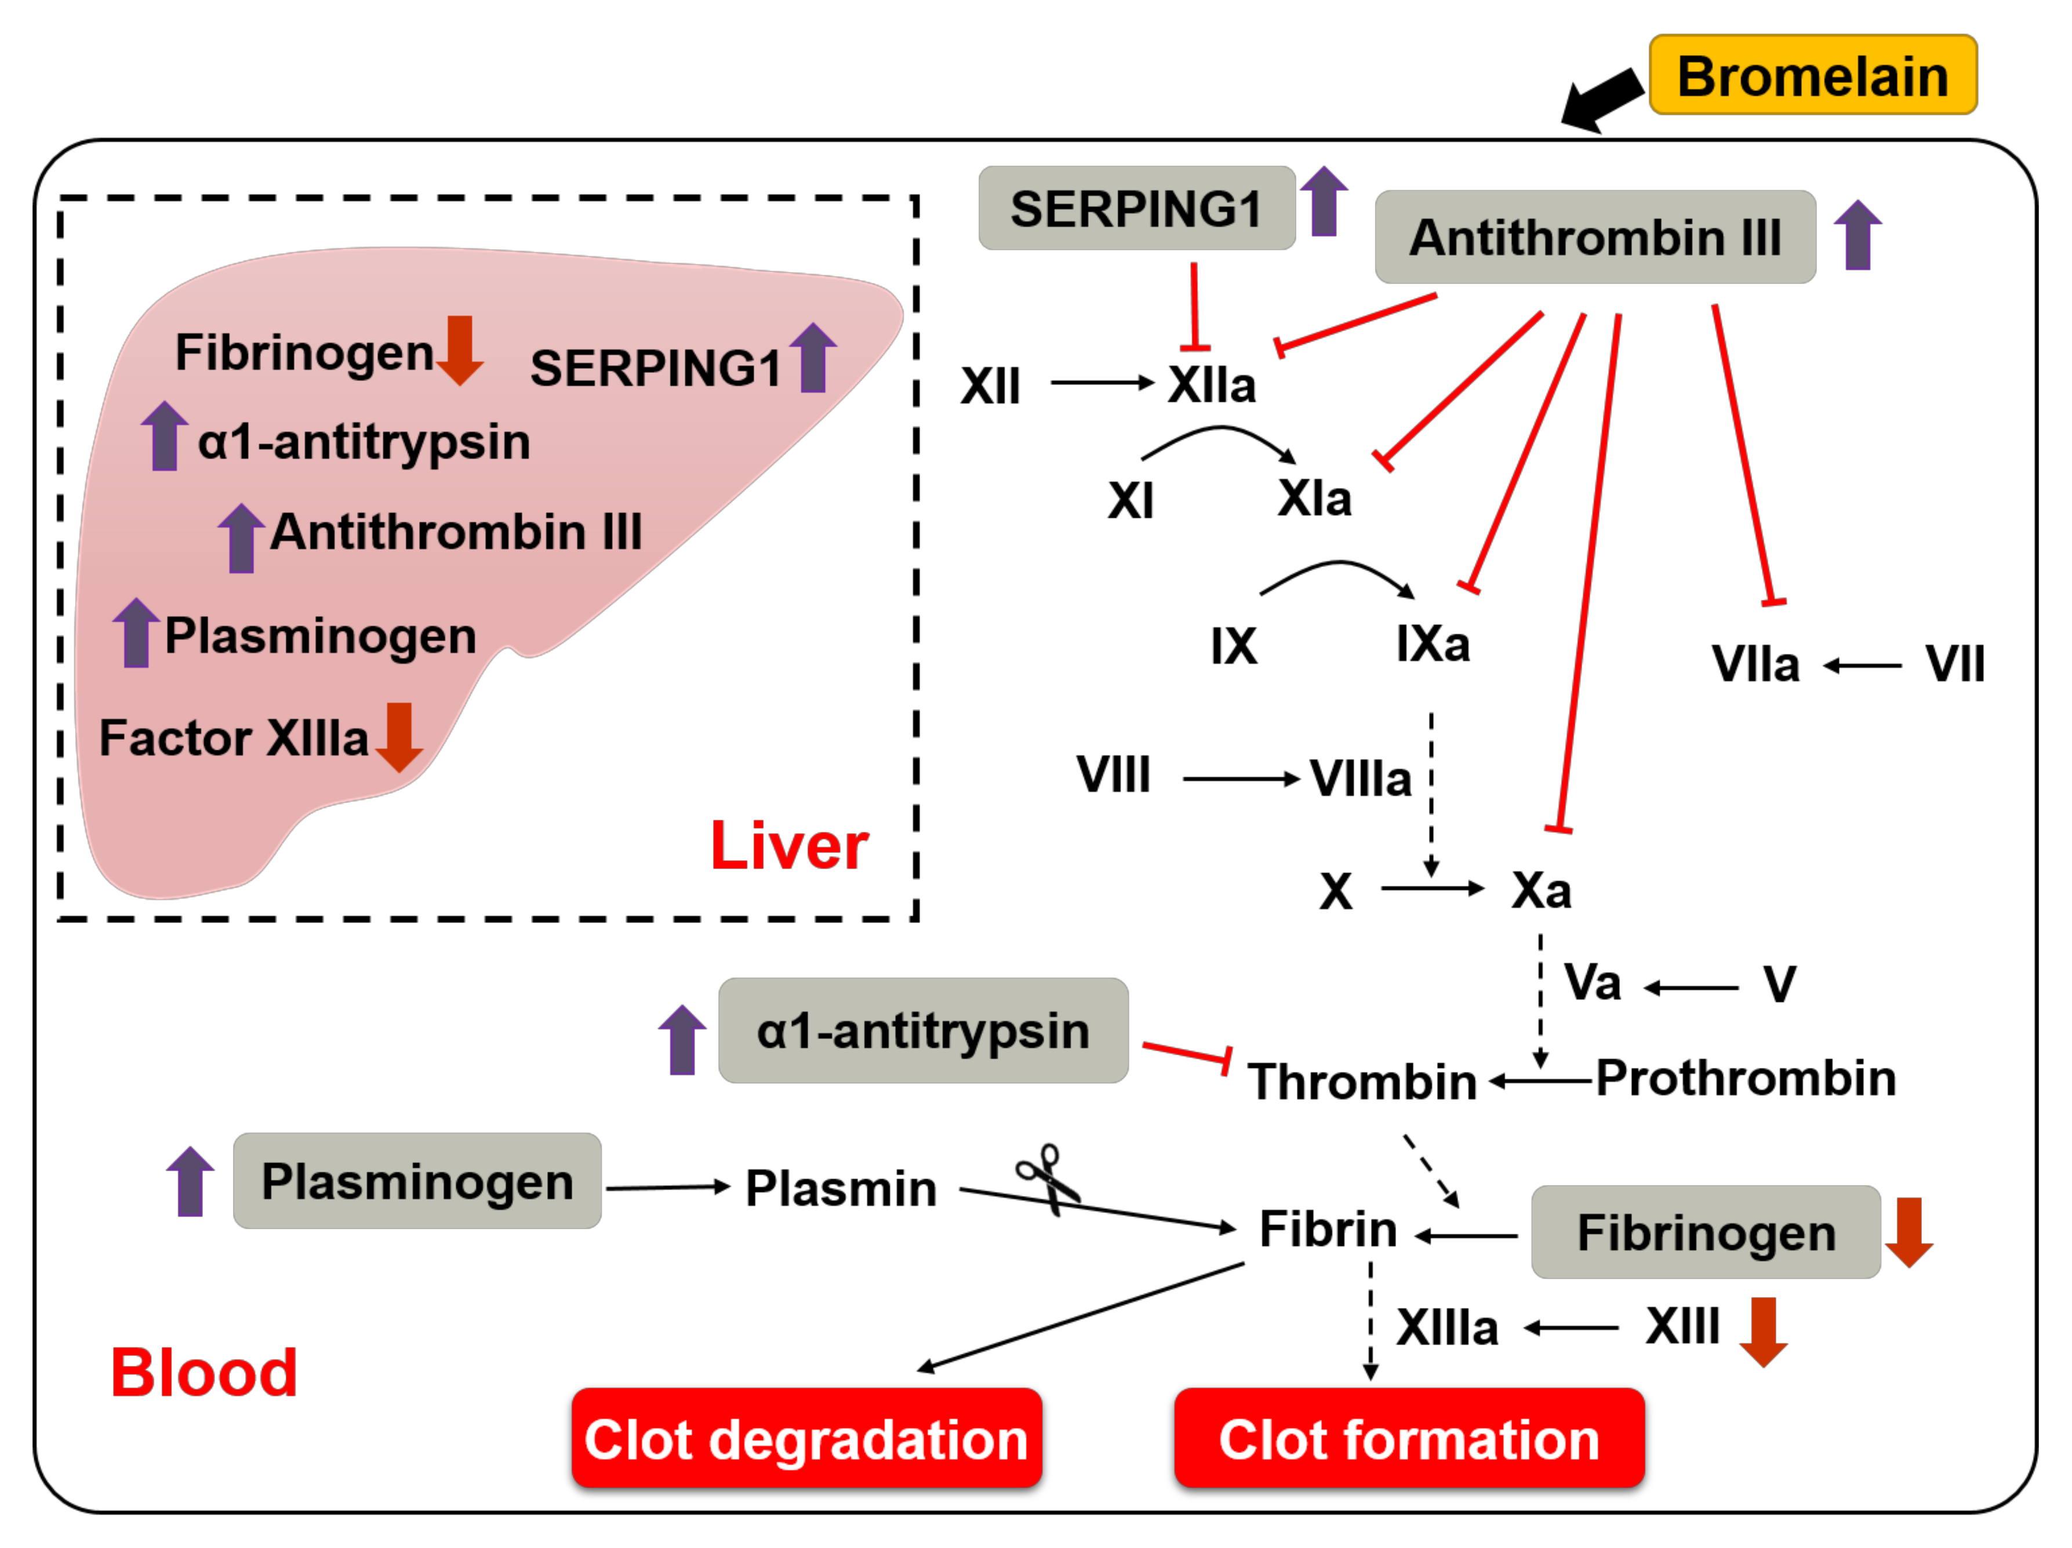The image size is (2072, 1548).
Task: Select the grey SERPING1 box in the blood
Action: click(1136, 209)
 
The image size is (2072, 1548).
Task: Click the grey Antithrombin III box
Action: click(1594, 237)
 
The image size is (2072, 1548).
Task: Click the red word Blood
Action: click(204, 1373)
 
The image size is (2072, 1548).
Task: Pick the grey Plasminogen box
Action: click(417, 1181)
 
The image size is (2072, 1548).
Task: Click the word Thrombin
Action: click(1362, 1082)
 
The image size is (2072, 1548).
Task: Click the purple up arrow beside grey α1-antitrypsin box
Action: click(682, 1040)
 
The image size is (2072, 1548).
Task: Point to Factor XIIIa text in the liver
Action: click(234, 738)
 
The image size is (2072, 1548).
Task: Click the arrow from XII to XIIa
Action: click(1102, 382)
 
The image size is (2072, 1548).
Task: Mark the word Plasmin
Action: click(840, 1189)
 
